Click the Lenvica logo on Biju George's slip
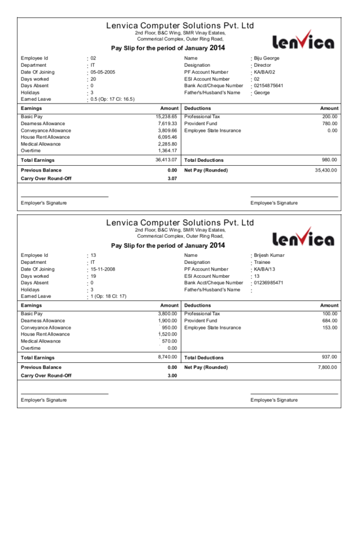303,41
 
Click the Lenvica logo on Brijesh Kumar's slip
303,238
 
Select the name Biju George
267,58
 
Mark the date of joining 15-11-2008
102,269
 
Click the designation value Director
263,65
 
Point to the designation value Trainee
262,262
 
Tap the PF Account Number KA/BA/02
265,72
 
